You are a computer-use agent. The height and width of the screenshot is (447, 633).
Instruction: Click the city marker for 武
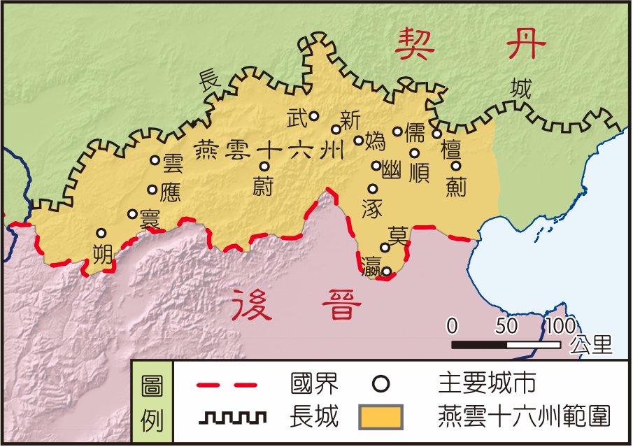click(314, 116)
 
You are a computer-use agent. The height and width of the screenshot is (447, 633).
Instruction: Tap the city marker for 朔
click(101, 233)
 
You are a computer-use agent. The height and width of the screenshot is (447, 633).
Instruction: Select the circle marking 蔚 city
click(264, 166)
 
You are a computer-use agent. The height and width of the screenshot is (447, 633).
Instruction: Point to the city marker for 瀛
click(385, 271)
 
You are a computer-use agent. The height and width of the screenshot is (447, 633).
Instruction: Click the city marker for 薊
click(455, 166)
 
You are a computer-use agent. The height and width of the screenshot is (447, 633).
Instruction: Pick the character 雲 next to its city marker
click(172, 164)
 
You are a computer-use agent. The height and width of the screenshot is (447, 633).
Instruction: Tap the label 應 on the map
click(170, 192)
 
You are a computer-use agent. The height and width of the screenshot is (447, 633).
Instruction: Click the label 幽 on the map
click(392, 169)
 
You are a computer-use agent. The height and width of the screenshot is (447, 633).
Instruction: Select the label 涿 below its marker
click(372, 208)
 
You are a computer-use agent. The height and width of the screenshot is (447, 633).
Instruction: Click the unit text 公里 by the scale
click(591, 343)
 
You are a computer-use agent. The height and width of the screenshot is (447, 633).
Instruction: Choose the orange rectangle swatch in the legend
click(381, 418)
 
